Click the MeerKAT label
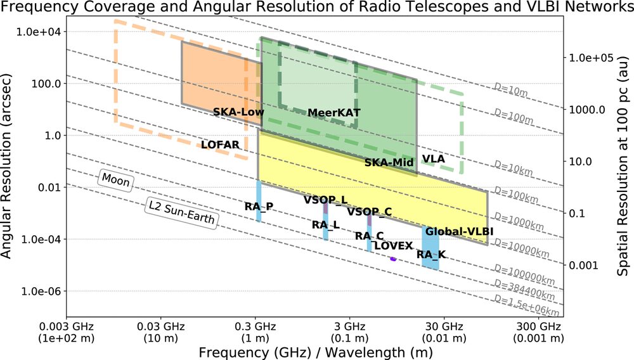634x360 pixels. [x=333, y=113]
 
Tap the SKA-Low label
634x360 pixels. [x=238, y=112]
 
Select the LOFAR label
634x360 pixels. [x=220, y=145]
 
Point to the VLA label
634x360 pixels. [x=434, y=158]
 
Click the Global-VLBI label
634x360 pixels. [x=459, y=231]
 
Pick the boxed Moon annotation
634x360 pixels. [x=115, y=179]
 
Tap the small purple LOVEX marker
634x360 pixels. [x=393, y=259]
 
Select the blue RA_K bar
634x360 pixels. [x=430, y=247]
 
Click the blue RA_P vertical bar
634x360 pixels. [x=259, y=201]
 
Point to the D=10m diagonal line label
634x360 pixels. [x=510, y=90]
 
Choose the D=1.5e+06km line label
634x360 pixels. [x=526, y=305]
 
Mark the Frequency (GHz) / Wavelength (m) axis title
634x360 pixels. [x=315, y=352]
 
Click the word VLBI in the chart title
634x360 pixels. [x=557, y=7]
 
